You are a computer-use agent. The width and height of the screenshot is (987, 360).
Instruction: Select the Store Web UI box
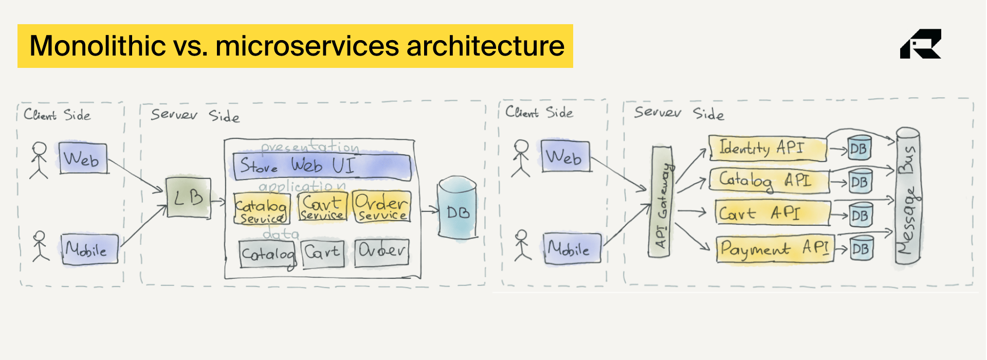point(322,167)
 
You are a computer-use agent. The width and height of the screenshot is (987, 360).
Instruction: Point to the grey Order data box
point(382,252)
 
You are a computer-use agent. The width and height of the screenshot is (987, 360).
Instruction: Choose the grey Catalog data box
point(267,254)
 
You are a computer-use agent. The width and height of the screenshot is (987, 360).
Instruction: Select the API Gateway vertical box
point(662,201)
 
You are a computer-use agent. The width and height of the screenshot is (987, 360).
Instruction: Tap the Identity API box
point(767,148)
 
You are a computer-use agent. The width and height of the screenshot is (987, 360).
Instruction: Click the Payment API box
point(774,249)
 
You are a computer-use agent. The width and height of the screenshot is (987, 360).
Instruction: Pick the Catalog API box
point(769,181)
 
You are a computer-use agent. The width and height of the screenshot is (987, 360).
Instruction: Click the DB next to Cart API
point(860,215)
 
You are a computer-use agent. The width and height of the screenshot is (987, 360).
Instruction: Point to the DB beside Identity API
point(859,149)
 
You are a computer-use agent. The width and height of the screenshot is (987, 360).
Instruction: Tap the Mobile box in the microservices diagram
point(572,249)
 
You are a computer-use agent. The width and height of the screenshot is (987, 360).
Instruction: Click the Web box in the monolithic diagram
point(83,158)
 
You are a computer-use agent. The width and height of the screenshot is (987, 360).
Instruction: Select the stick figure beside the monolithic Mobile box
point(40,246)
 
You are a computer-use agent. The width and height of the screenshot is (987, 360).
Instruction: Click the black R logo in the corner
point(920,44)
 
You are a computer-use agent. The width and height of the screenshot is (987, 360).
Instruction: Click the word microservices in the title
point(307,46)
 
